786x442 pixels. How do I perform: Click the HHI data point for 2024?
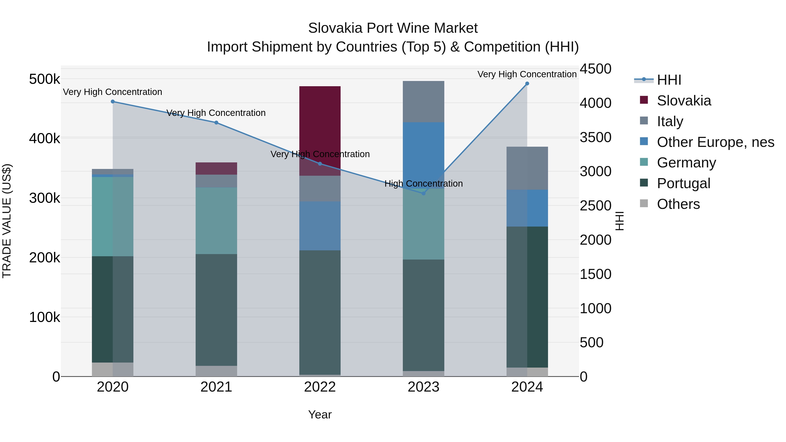527,84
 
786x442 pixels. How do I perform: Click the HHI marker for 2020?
113,101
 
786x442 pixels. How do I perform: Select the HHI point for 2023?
423,193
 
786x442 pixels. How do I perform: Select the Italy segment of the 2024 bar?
527,168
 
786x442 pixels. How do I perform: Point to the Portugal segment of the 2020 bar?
113,309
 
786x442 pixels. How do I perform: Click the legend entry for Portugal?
683,183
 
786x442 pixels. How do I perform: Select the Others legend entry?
678,204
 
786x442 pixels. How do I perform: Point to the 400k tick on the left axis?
45,138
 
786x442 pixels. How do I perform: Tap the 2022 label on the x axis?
320,387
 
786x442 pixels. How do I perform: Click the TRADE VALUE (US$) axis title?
7,221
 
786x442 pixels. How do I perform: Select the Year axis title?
320,414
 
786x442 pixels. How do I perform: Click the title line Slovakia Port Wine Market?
393,28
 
